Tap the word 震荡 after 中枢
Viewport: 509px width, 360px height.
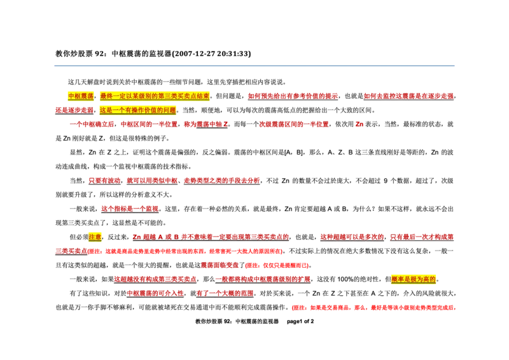point(87,96)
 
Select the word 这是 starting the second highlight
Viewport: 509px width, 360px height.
point(106,110)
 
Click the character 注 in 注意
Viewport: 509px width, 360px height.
point(92,237)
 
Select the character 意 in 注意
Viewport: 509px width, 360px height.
point(98,237)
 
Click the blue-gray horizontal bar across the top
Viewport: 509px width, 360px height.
point(254,66)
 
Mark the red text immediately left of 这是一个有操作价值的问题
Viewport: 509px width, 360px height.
point(74,110)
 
